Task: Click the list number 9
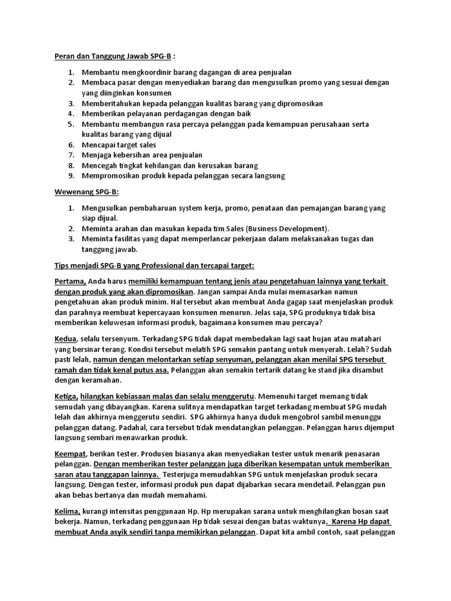click(x=70, y=175)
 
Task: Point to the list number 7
click(x=70, y=155)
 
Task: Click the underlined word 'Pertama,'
click(x=70, y=281)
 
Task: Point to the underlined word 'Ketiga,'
click(x=67, y=396)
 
